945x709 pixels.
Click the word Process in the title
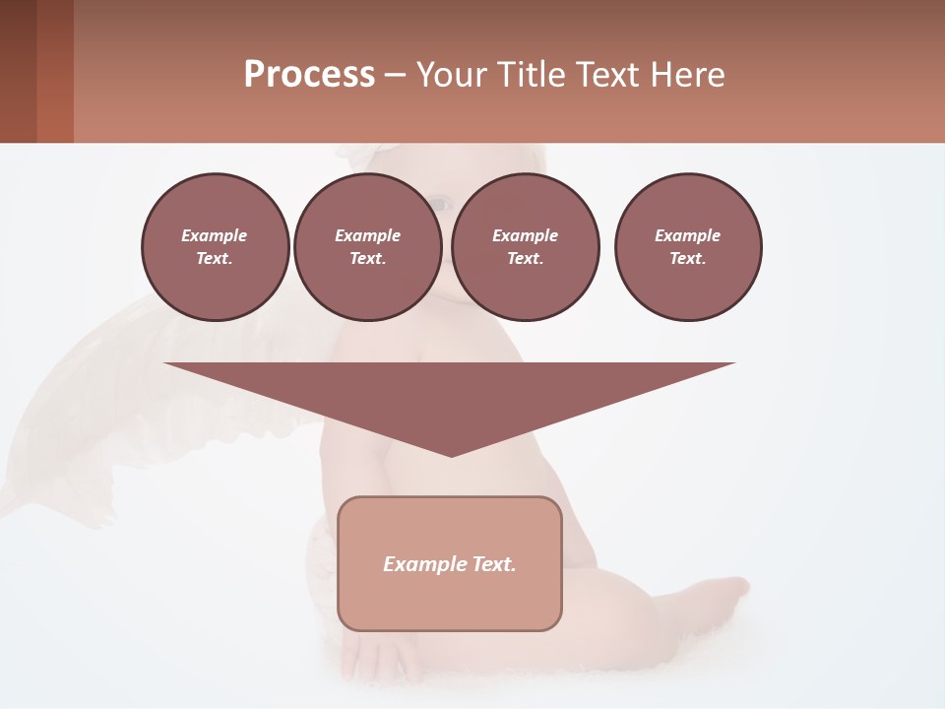point(309,75)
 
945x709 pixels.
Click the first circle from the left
point(215,247)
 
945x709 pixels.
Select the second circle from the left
point(367,247)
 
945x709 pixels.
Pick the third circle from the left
point(525,247)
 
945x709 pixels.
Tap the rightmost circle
point(687,247)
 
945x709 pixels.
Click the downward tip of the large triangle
point(451,453)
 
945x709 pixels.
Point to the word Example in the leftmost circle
point(215,235)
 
